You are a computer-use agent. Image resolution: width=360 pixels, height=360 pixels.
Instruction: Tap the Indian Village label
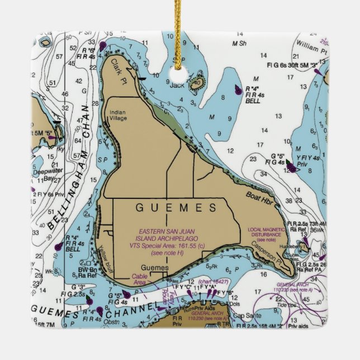point(117,115)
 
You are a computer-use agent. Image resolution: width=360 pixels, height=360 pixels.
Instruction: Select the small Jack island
point(195,84)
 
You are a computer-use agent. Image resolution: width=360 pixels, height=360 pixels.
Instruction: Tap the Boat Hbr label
point(258,196)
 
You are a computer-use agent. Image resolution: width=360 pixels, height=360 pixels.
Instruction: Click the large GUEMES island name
point(176,208)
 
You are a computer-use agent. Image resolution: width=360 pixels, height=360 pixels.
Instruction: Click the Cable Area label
point(138,280)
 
